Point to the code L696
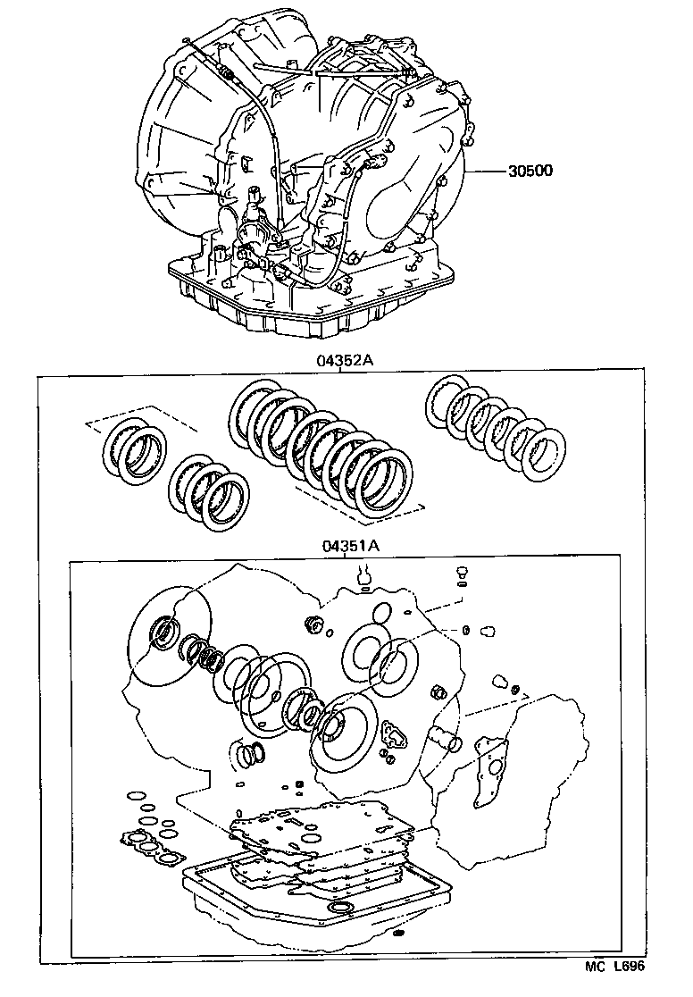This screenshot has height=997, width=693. click(x=627, y=966)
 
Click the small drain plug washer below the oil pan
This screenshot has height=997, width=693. click(x=398, y=934)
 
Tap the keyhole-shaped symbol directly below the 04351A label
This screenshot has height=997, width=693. click(x=364, y=578)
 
